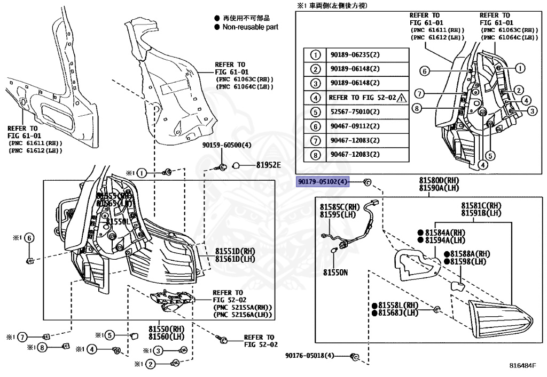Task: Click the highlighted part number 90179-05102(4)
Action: (x=323, y=182)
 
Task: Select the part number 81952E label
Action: (x=268, y=165)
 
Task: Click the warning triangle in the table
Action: (x=401, y=98)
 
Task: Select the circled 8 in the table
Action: (x=316, y=155)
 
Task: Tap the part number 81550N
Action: (x=335, y=272)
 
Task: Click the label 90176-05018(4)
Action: (x=309, y=356)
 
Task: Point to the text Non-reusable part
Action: (x=250, y=27)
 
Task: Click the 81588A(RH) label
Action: (x=470, y=254)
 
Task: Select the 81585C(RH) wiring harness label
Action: (x=339, y=206)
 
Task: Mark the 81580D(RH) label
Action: (x=439, y=181)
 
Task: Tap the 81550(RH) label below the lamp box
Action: (x=166, y=330)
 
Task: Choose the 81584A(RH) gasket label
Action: (x=446, y=232)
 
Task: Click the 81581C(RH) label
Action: (x=481, y=206)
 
